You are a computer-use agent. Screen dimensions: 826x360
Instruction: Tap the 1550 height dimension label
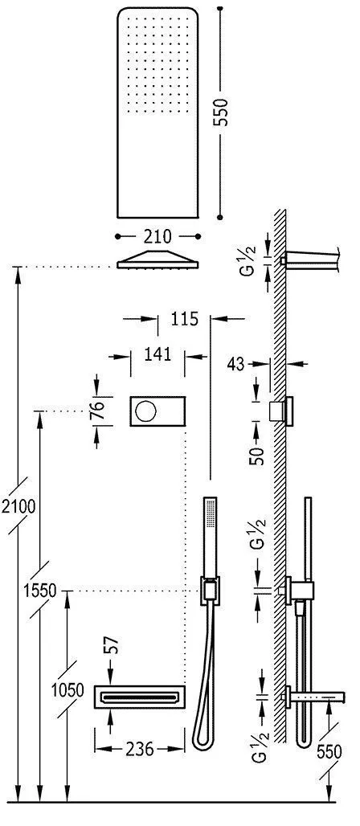pos(39,591)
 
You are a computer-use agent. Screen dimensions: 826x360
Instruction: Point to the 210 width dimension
pos(157,236)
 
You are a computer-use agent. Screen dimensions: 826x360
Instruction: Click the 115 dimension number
pos(184,319)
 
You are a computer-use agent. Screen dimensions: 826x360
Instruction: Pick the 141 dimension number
pos(157,354)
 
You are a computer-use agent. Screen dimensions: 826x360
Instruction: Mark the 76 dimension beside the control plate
pos(96,408)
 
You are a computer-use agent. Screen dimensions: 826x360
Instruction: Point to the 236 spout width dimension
pos(140,749)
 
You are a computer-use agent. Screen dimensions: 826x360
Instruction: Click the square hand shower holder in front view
pos(210,592)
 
